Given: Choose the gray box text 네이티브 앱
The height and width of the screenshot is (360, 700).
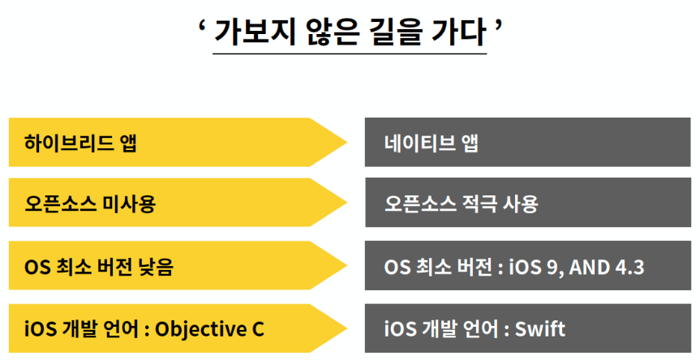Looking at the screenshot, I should (x=432, y=144).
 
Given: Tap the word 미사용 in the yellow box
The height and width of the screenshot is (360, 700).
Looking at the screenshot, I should (x=130, y=204).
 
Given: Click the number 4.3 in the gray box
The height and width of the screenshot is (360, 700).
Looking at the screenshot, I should (x=627, y=266).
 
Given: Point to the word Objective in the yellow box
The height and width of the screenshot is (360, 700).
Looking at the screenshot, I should (x=199, y=328).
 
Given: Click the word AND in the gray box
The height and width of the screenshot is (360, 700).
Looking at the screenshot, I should (x=586, y=266).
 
